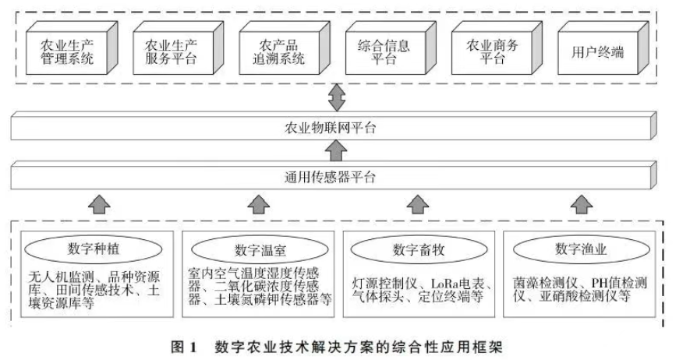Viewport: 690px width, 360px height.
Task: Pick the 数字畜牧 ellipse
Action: tap(419, 249)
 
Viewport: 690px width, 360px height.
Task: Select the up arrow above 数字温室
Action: tap(258, 205)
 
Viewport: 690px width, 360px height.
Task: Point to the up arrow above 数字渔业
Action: tap(580, 205)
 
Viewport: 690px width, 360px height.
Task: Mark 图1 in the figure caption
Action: tap(183, 345)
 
